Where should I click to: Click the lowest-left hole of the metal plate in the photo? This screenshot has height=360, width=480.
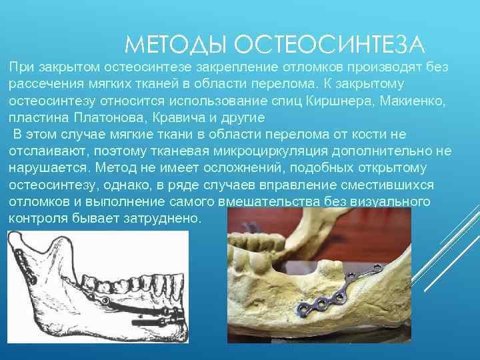pyautogui.click(x=303, y=307)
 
